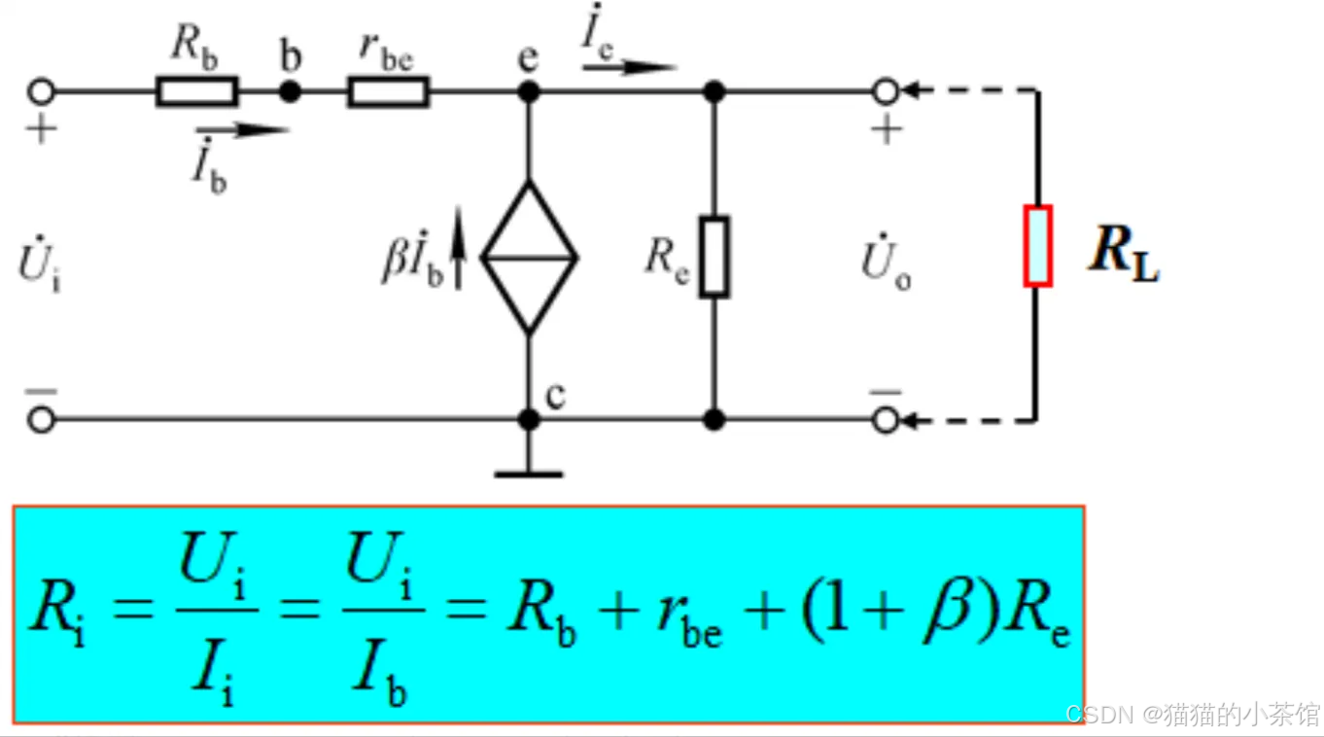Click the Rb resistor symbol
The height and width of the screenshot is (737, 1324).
click(195, 92)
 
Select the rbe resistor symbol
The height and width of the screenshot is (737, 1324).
click(387, 92)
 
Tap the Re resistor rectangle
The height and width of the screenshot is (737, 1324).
click(714, 257)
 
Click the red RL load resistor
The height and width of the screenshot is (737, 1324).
click(1037, 245)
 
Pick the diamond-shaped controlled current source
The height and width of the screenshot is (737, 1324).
click(529, 258)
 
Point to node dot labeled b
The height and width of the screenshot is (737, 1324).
click(289, 92)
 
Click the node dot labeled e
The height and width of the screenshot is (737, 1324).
click(528, 92)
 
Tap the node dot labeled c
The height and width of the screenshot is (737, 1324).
click(528, 420)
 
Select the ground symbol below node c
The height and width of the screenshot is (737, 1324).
click(528, 474)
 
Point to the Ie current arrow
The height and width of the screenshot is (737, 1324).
click(629, 67)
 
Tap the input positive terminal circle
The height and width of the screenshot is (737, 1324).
click(40, 92)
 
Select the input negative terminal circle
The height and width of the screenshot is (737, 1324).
click(40, 420)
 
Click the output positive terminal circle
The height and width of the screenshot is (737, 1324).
click(885, 92)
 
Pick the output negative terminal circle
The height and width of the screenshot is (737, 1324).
click(885, 420)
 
